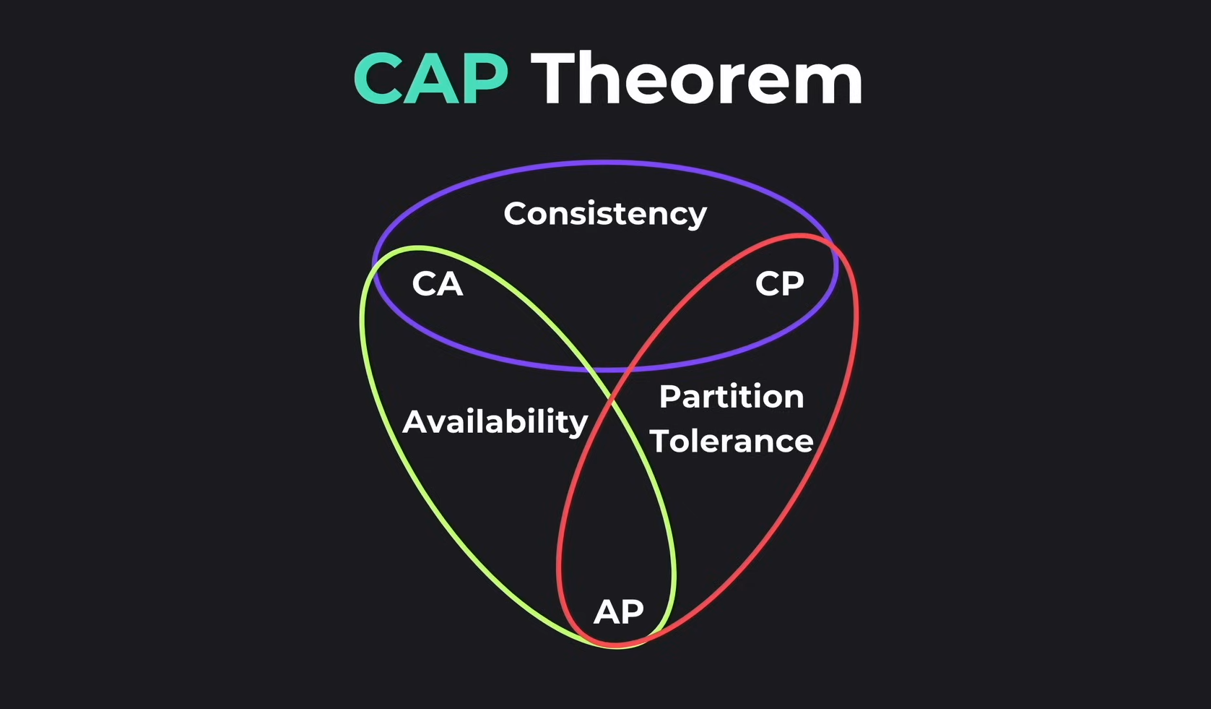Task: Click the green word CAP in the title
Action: tap(431, 80)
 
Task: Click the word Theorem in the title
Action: tap(697, 80)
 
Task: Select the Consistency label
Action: tap(604, 214)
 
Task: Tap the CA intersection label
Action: tap(437, 284)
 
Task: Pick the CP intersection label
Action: tap(779, 284)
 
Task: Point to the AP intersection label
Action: tap(618, 612)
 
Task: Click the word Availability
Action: tap(495, 421)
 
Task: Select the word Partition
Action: tap(731, 397)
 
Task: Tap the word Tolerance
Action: tap(732, 442)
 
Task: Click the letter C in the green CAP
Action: tap(378, 80)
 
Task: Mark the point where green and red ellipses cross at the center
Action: tap(614, 402)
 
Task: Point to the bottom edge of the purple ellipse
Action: tap(605, 369)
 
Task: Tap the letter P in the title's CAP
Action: tap(484, 80)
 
